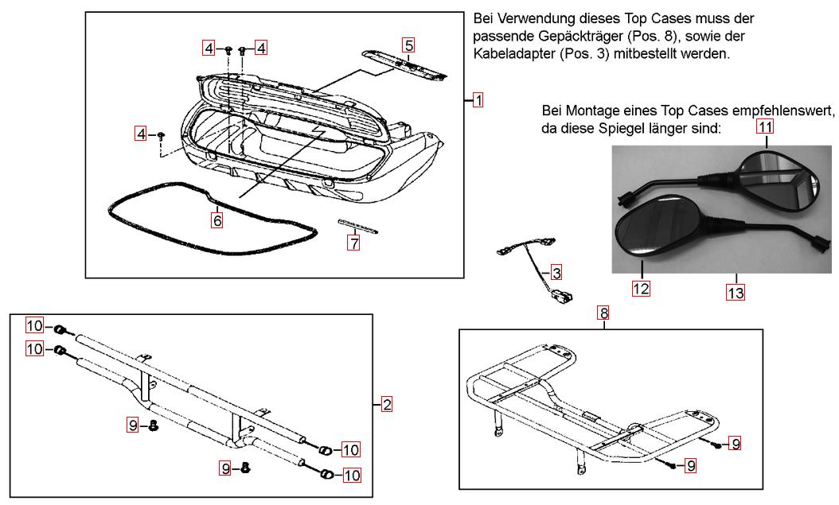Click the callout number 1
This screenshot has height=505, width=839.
tap(478, 100)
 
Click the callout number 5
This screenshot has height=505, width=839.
tap(408, 45)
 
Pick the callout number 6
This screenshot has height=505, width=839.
tap(217, 220)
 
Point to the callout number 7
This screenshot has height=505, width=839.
tap(353, 243)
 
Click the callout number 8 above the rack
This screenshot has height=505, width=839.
tap(605, 314)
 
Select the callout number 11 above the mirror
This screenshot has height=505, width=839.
tap(765, 126)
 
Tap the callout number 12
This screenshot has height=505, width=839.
tap(641, 288)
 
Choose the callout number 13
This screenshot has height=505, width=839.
tap(736, 293)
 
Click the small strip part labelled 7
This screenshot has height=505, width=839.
tap(358, 226)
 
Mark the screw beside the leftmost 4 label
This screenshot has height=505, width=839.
tap(161, 136)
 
